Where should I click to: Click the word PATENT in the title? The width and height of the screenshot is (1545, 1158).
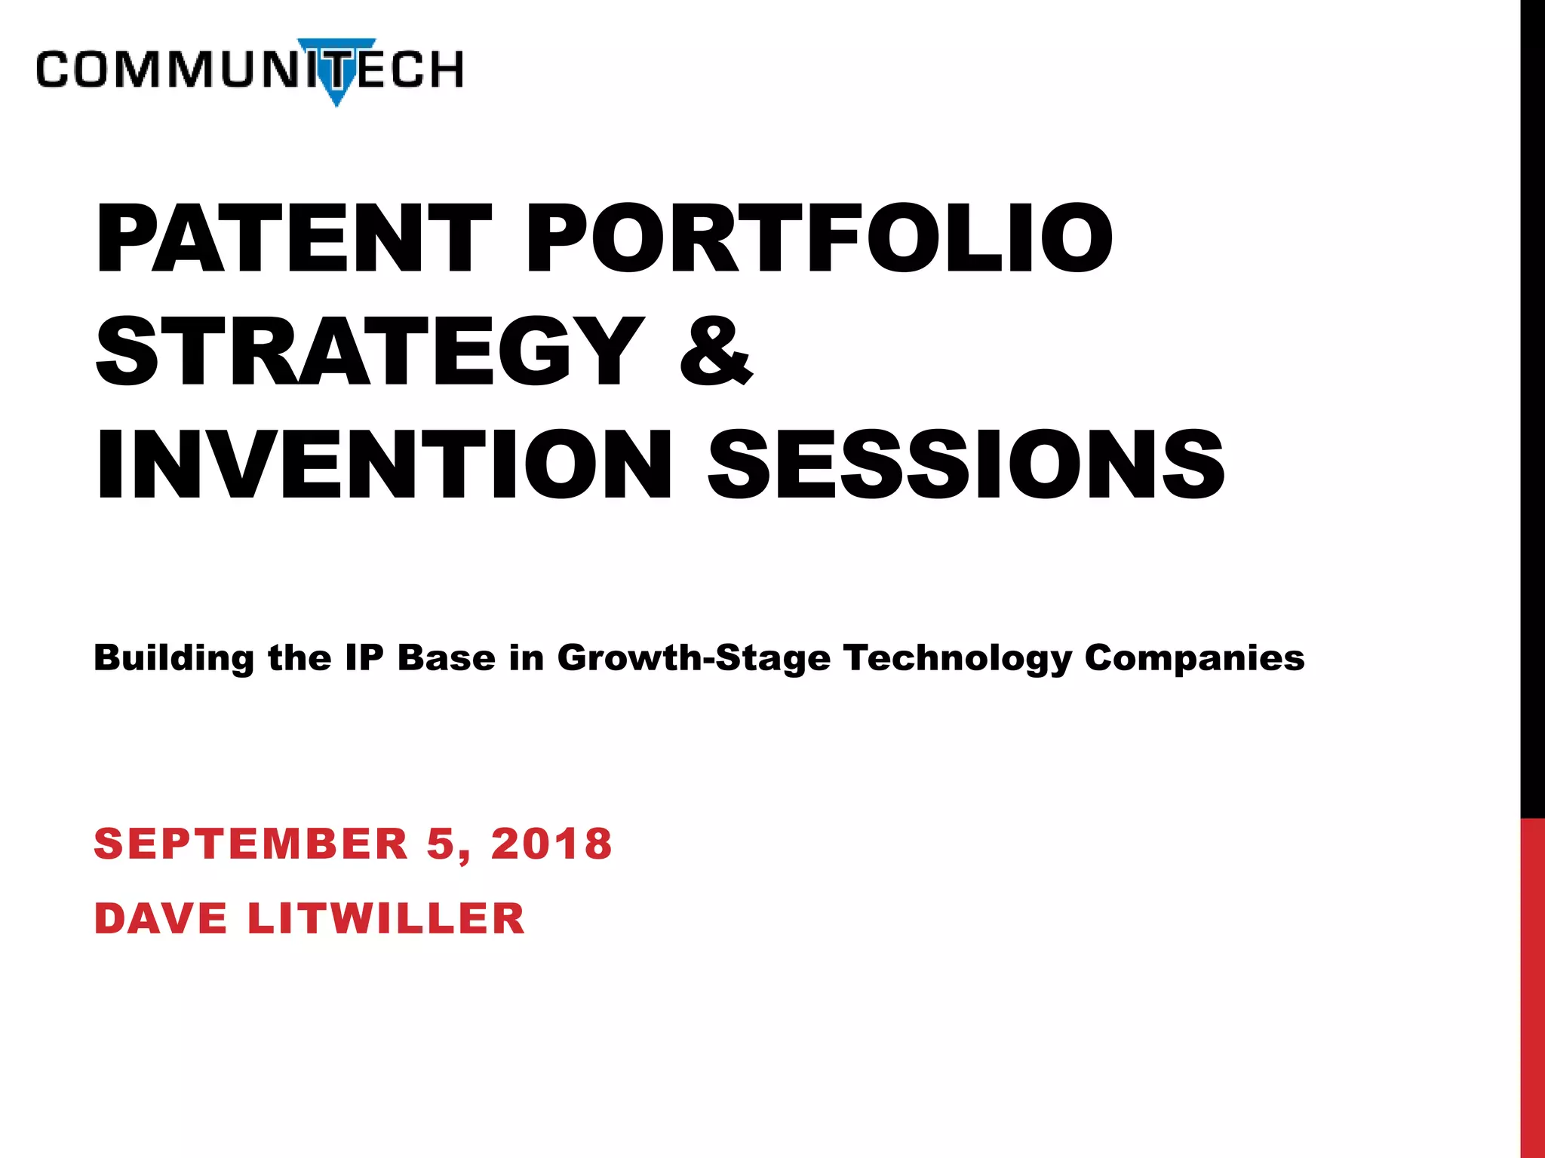coord(294,238)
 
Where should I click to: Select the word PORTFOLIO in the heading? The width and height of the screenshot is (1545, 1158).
coord(818,238)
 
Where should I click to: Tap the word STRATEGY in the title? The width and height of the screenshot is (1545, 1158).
coord(370,351)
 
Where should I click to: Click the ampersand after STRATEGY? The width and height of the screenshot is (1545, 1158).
coord(716,351)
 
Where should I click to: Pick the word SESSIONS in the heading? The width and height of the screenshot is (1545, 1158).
coord(966,464)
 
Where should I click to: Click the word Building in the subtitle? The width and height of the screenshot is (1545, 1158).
coord(174,658)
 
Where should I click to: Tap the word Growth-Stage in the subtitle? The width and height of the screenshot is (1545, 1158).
coord(693,658)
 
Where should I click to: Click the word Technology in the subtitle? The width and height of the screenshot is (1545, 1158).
coord(957,658)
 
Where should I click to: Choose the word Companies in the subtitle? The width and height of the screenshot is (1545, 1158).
coord(1194,658)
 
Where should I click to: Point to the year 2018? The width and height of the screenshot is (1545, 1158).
coord(551,844)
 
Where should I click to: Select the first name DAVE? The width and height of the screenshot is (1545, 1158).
coord(161,919)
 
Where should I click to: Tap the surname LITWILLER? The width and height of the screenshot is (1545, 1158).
coord(385,919)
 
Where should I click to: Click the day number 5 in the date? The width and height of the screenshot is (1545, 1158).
coord(441,844)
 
